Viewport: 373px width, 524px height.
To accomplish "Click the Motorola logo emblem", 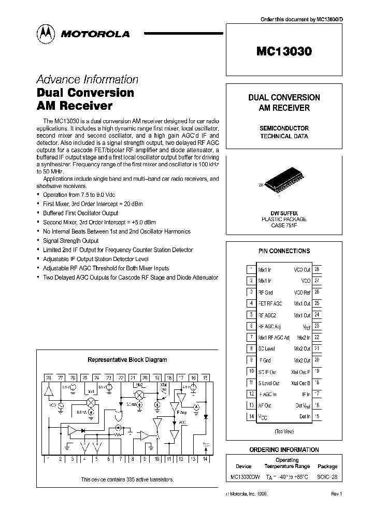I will tap(45, 34).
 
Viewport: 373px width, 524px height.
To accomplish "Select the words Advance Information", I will tap(87, 79).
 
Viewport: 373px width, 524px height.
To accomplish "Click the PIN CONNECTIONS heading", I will tap(284, 251).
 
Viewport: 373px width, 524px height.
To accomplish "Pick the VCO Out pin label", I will tap(302, 269).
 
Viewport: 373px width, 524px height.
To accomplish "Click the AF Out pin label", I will tap(265, 405).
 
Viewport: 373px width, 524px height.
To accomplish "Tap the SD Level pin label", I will tap(267, 348).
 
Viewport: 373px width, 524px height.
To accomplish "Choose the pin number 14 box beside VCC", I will tap(251, 416).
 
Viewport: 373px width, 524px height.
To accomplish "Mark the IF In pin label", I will tap(306, 394).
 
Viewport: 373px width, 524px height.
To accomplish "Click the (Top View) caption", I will tap(284, 431).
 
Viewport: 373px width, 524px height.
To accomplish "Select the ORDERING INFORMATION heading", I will tap(284, 450).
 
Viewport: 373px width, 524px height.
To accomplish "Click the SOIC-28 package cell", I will tap(327, 477).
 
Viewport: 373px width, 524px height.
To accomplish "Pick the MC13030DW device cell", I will tap(243, 477).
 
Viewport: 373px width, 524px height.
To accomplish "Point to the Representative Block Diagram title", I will tap(127, 359).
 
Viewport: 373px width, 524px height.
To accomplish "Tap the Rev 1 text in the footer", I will tap(336, 494).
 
